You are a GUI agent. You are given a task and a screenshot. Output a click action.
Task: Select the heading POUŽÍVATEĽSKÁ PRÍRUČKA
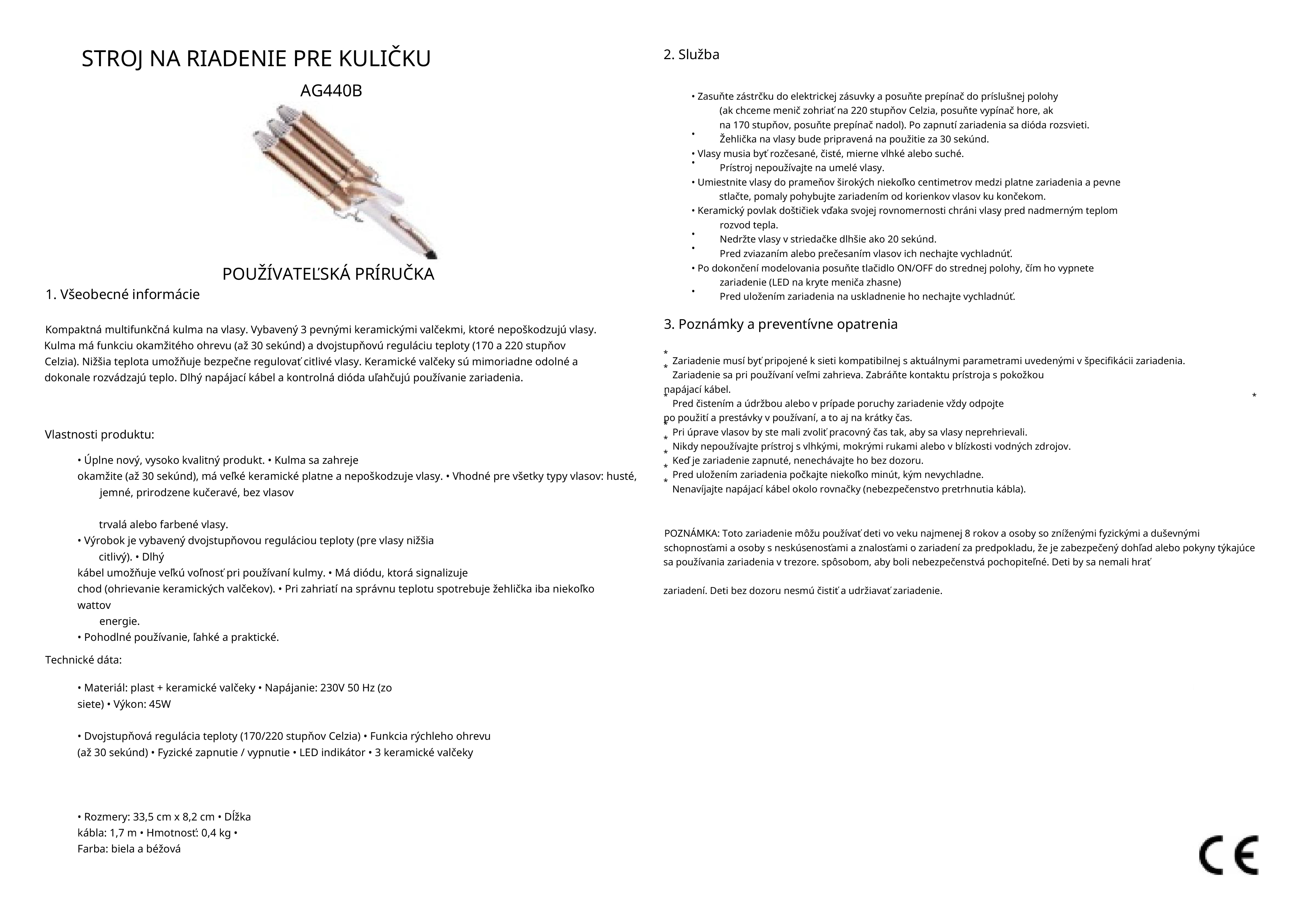[x=328, y=274]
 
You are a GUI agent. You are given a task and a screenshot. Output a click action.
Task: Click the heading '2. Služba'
[x=691, y=55]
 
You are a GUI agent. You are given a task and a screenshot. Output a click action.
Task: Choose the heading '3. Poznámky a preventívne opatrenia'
[x=780, y=324]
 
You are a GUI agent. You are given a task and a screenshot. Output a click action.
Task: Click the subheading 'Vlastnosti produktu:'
[x=99, y=435]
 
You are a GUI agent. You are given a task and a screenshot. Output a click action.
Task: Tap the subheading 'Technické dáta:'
[x=83, y=660]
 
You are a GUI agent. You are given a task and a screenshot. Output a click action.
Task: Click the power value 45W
[x=160, y=704]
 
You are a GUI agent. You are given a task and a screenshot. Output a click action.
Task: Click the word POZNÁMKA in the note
[x=691, y=534]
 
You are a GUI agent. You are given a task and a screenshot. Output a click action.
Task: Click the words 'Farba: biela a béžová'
[x=129, y=849]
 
